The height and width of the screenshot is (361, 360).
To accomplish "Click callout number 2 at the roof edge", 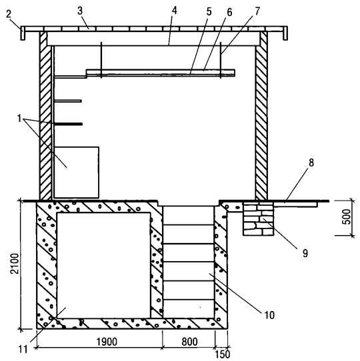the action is [9, 14].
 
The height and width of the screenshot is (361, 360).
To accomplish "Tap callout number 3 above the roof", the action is [80, 11].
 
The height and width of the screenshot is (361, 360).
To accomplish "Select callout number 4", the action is [175, 11].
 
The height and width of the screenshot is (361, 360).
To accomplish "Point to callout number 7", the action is [257, 11].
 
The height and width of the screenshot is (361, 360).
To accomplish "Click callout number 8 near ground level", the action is [311, 163].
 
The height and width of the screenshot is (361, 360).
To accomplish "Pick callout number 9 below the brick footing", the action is [305, 253].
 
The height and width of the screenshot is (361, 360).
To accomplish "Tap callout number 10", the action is [269, 315].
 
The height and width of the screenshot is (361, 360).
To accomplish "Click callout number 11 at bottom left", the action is [23, 350].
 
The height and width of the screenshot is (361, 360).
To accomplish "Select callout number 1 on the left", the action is [19, 119].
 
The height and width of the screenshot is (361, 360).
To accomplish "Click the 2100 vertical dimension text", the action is [15, 264].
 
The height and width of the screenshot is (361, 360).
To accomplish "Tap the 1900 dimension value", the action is [107, 342].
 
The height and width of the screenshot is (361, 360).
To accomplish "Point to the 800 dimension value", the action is [189, 342].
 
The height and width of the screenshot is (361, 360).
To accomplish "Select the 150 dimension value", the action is [223, 354].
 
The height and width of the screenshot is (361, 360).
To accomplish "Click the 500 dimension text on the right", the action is [347, 216].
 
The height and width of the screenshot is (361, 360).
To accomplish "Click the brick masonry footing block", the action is [259, 218].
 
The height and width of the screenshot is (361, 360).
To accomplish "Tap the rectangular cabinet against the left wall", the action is [76, 173].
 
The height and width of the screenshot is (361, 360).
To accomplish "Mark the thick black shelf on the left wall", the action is [69, 124].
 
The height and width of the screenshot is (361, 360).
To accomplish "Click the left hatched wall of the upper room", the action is [45, 116].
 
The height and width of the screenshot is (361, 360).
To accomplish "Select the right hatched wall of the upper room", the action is [261, 116].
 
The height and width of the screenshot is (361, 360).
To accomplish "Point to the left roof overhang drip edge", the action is [23, 33].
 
